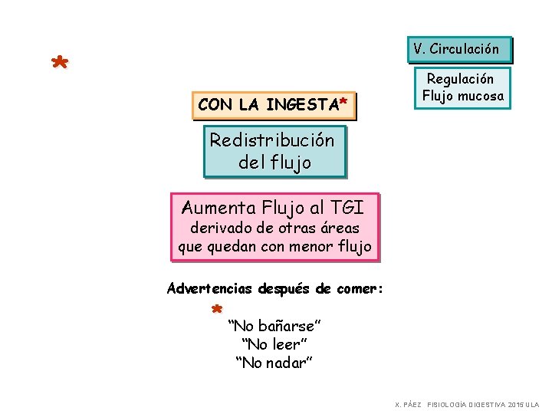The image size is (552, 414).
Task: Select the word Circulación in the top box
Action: click(464, 49)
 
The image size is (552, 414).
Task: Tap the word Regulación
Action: click(460, 79)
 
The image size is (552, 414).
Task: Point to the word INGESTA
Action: click(301, 105)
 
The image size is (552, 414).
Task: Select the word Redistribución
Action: click(272, 140)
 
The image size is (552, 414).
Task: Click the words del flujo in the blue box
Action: click(274, 163)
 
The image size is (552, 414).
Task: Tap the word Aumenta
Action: click(219, 207)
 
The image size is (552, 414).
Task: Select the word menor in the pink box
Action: click(315, 247)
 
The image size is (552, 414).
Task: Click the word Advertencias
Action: click(210, 289)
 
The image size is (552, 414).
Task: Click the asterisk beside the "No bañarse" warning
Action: click(217, 310)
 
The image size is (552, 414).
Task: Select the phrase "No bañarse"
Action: click(274, 327)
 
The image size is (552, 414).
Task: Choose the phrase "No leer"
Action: click(274, 344)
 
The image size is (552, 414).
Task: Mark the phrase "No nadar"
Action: click(274, 362)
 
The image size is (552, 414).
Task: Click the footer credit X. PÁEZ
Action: click(409, 404)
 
